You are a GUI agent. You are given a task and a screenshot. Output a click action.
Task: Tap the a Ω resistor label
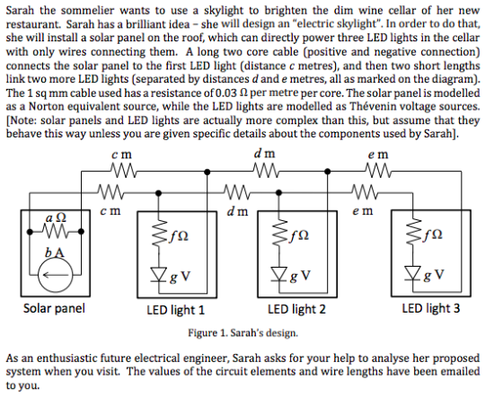[56, 218]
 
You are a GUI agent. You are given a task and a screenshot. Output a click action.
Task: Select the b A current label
[54, 252]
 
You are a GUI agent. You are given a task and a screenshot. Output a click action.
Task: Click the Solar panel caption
[54, 308]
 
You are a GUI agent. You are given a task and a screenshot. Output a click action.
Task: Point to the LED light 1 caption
[175, 310]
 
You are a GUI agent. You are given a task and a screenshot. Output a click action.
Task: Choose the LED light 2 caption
[296, 309]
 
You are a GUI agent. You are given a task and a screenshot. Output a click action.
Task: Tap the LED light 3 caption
[431, 308]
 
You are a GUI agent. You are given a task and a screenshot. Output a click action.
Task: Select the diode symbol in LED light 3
[412, 273]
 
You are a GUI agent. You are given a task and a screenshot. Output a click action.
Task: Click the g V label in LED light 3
[433, 275]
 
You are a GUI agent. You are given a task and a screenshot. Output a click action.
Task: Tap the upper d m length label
[265, 154]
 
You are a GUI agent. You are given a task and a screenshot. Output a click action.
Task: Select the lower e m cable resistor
[366, 191]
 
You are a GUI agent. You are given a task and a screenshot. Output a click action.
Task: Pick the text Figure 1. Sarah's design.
[243, 332]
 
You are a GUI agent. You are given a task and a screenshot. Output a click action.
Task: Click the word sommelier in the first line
[87, 11]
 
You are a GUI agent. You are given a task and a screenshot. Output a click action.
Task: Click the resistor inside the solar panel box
[55, 232]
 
